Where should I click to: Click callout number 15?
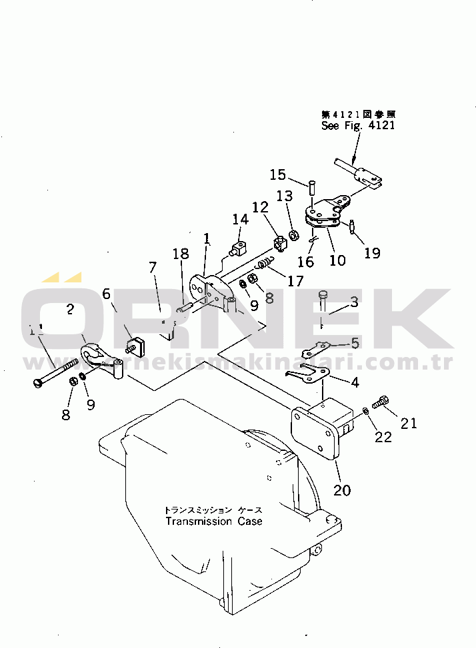pyautogui.click(x=278, y=174)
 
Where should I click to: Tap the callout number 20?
pyautogui.click(x=342, y=491)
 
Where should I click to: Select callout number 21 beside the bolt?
pyautogui.click(x=409, y=423)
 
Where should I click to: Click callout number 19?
pyautogui.click(x=372, y=252)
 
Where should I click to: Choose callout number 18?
pyautogui.click(x=180, y=254)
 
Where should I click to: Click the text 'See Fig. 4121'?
pyautogui.click(x=357, y=125)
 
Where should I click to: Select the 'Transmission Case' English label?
pyautogui.click(x=214, y=521)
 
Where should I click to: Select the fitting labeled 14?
pyautogui.click(x=239, y=250)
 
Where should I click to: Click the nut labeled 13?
pyautogui.click(x=293, y=235)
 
